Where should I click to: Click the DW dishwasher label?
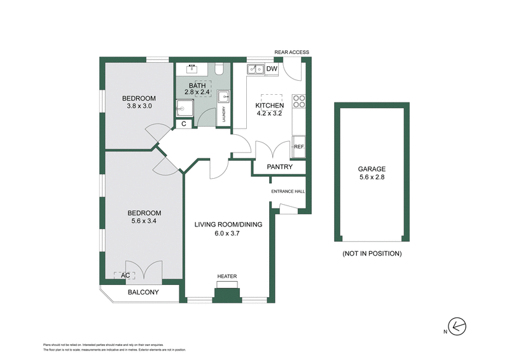[x=272, y=69]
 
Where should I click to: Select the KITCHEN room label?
[x=270, y=106]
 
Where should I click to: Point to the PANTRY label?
[x=280, y=167]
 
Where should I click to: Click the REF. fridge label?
[x=299, y=147]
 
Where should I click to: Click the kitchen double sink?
[x=256, y=69]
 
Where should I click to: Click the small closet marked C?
[x=184, y=124]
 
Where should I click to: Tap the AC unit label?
[x=125, y=275]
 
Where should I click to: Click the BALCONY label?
[x=143, y=293]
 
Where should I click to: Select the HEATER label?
[x=227, y=276]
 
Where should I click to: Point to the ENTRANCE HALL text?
[x=288, y=191]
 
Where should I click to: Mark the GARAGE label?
[x=372, y=169]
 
